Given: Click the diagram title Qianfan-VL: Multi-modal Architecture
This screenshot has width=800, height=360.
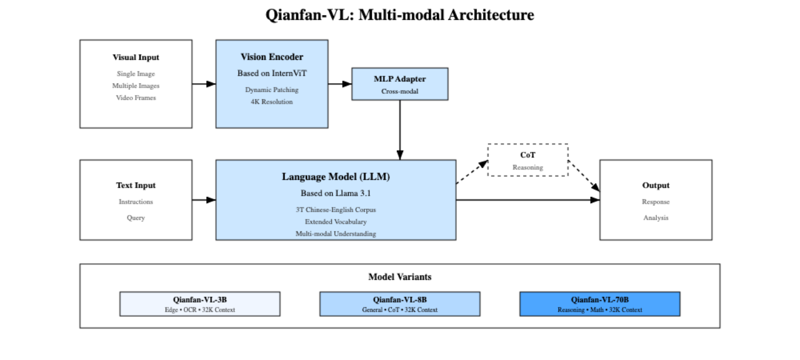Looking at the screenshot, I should tap(399, 15).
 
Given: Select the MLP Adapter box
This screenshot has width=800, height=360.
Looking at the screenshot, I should tap(400, 84).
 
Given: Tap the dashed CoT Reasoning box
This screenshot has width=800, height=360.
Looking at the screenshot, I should tap(527, 160).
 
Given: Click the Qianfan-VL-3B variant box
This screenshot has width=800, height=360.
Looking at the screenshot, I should tap(200, 304).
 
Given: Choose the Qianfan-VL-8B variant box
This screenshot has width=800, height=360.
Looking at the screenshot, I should tap(400, 304).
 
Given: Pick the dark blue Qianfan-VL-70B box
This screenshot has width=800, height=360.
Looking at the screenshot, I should tap(600, 304).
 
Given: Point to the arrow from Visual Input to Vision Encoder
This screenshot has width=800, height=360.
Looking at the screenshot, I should tap(204, 84).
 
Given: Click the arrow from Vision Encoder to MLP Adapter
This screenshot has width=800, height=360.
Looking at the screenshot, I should tap(340, 84).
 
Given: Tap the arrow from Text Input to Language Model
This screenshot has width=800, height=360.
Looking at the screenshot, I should tap(204, 200).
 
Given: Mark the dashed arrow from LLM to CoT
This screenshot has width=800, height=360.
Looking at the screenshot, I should tap(472, 172).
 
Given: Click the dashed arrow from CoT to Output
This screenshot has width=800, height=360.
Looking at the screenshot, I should tap(584, 176).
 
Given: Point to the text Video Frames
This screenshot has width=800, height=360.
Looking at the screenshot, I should tap(136, 98).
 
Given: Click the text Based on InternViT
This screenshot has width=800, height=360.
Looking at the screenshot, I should tap(272, 74).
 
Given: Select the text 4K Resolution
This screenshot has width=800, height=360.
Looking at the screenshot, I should tap(272, 102).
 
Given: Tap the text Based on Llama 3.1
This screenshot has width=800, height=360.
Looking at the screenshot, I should tap(336, 193).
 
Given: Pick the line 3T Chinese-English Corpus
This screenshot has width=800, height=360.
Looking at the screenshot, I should tap(336, 210).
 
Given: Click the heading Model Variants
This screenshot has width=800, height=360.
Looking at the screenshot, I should tap(399, 277).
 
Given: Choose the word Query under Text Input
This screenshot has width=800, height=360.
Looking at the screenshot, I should tap(136, 218).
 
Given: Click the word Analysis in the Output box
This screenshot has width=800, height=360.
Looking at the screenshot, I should tap(656, 218).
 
